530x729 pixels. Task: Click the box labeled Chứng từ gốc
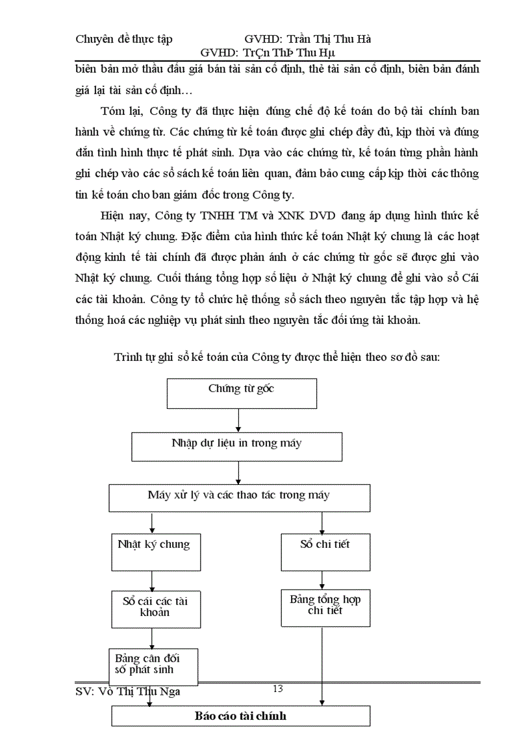tap(242, 393)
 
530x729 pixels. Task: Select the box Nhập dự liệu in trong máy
tap(236, 447)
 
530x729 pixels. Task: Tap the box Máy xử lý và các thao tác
tap(239, 498)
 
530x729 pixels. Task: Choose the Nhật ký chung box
tap(154, 551)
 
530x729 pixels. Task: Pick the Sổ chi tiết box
tap(325, 551)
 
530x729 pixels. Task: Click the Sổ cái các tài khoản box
tap(155, 608)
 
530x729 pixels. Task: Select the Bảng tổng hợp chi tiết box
tap(325, 608)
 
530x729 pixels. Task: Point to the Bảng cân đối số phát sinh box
tap(153, 663)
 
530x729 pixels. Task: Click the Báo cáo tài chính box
tap(240, 716)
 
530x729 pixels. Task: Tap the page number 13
tap(278, 689)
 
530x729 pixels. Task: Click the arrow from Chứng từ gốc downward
tap(239, 421)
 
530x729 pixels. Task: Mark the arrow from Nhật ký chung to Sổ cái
tap(152, 580)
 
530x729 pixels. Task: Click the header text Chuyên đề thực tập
tap(123, 40)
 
